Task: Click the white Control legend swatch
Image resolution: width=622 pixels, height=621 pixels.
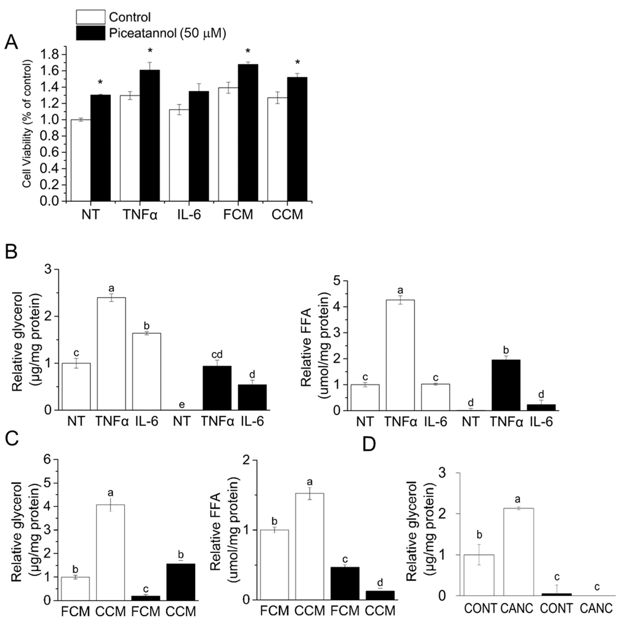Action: [x=90, y=17]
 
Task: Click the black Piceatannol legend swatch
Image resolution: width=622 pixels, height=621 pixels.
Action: [x=90, y=33]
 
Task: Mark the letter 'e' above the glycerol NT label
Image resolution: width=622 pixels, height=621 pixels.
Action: [x=182, y=404]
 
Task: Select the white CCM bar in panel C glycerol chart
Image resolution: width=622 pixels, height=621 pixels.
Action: [x=110, y=552]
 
